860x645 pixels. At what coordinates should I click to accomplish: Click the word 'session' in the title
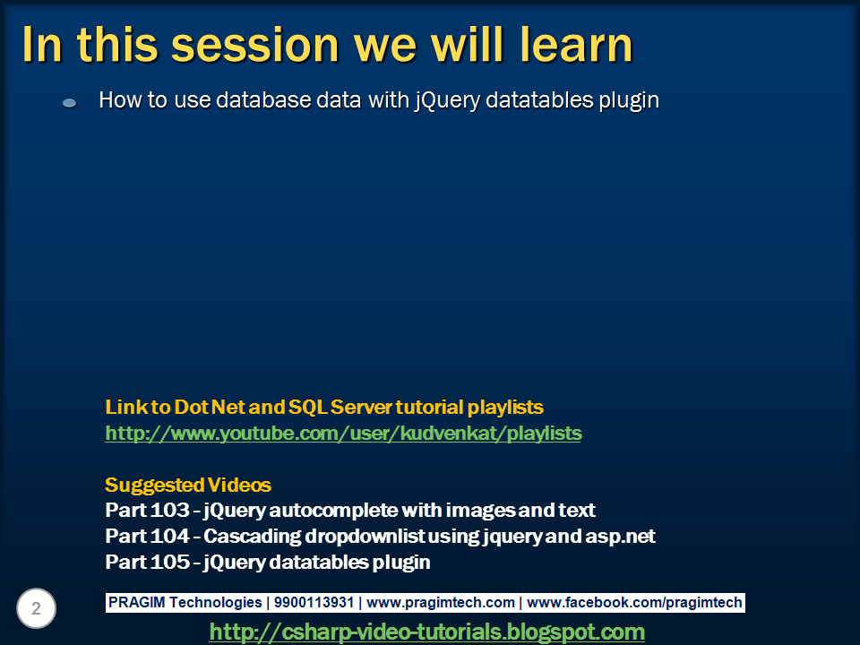tap(255, 46)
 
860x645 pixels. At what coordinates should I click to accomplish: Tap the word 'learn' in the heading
tap(576, 45)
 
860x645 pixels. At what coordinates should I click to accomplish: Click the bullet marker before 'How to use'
tap(69, 102)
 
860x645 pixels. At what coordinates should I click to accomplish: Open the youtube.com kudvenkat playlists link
tap(343, 434)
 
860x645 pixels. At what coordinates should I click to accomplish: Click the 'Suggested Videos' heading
tap(187, 485)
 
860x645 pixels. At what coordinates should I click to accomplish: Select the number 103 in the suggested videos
tap(169, 510)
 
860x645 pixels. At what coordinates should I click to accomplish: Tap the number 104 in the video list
tap(169, 536)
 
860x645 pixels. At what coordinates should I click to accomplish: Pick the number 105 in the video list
tap(169, 562)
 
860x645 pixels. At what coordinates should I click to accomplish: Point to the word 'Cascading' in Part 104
tap(253, 537)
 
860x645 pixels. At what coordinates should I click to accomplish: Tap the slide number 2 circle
tap(36, 608)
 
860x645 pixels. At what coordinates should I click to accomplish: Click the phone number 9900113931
tap(314, 602)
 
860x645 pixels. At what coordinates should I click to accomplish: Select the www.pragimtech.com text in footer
tap(441, 602)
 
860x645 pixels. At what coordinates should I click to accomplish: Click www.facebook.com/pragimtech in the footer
tap(634, 602)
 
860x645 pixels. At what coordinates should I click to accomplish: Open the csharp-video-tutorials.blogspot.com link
tap(426, 632)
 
